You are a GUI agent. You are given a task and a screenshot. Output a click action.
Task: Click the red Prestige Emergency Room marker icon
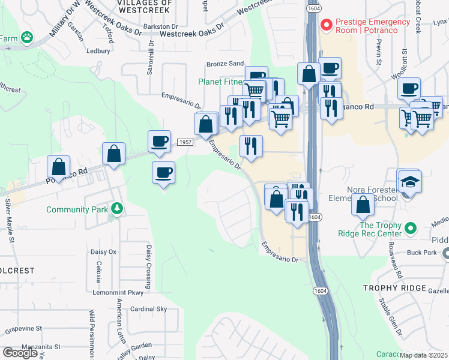[x=327, y=25]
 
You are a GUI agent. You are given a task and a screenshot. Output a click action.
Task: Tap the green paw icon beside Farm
[x=26, y=37]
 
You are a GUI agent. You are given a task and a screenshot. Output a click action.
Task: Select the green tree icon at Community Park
[x=117, y=209]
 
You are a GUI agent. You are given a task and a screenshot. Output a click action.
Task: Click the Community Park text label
[x=77, y=209]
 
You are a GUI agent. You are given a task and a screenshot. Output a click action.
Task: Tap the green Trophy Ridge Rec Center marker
[x=411, y=228]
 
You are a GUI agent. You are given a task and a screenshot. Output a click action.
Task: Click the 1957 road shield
[x=185, y=142]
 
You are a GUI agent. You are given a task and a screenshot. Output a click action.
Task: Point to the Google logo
[x=20, y=353]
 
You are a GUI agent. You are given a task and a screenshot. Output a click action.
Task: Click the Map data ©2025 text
[x=424, y=355]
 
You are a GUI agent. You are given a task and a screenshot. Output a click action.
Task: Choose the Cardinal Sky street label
[x=149, y=309]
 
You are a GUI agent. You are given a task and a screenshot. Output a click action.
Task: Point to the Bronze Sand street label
[x=225, y=64]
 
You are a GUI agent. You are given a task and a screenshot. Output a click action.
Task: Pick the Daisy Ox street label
[x=103, y=251]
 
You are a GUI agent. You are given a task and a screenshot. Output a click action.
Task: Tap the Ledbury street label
[x=98, y=51]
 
